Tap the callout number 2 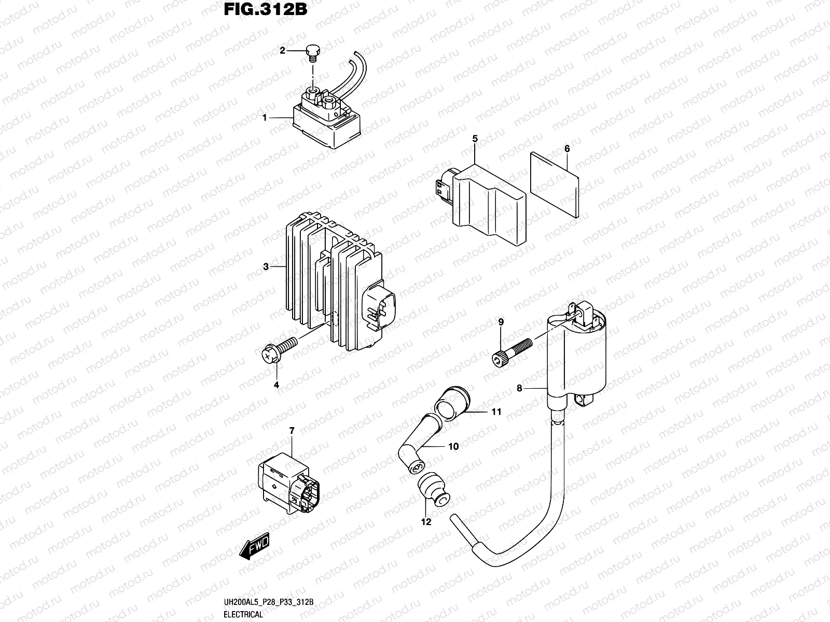pos(282,50)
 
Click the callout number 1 pos(265,118)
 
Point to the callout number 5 pos(475,138)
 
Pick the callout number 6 pos(567,149)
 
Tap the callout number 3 pos(266,267)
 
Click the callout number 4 pos(276,385)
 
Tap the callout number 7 pos(292,431)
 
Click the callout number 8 pos(519,388)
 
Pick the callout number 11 pos(496,412)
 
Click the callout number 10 pos(453,446)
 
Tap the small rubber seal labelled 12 pos(432,489)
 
